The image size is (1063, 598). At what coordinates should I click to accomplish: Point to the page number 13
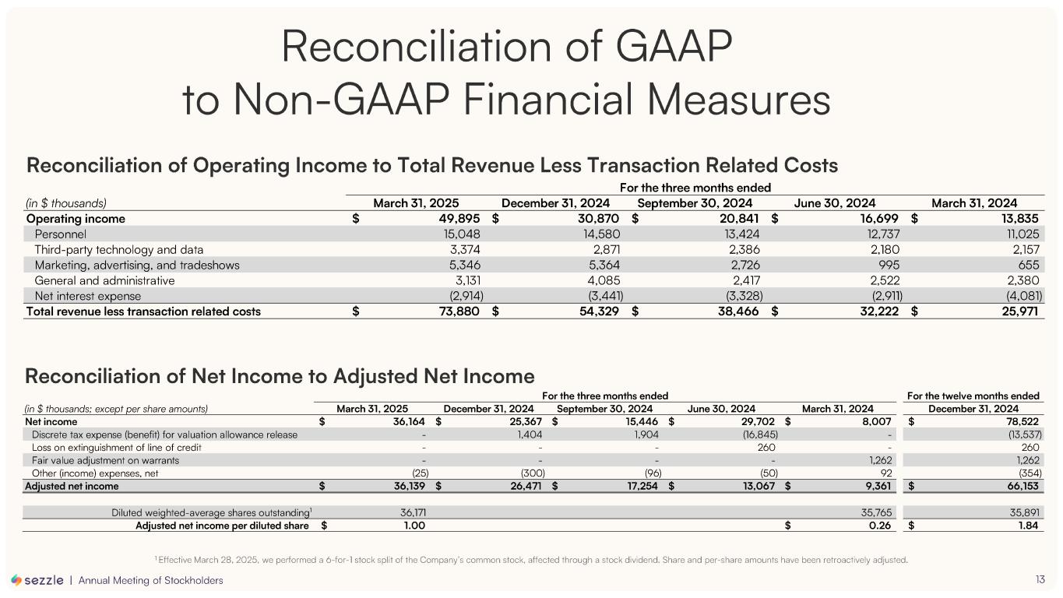point(1040,579)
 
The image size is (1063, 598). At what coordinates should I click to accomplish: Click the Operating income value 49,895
point(453,219)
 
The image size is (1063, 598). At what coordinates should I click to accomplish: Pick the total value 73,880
point(453,311)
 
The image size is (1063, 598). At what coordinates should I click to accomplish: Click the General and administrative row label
point(104,280)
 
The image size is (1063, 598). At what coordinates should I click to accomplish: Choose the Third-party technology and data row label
point(118,249)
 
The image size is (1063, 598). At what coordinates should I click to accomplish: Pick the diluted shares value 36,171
point(407,512)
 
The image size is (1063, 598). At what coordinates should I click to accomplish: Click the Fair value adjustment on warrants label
point(105,460)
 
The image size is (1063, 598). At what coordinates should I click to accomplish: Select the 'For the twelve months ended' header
point(973,396)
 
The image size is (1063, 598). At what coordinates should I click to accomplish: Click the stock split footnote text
point(532,560)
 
